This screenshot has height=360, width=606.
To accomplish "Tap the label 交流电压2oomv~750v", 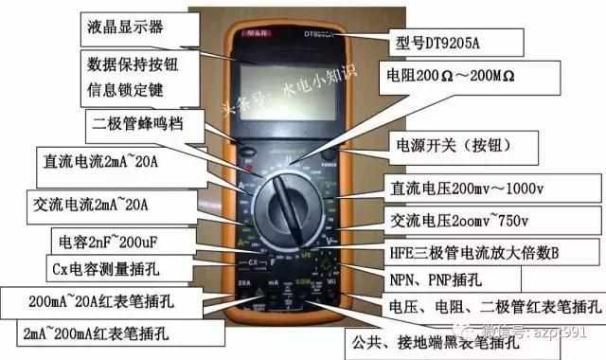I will point(464,223).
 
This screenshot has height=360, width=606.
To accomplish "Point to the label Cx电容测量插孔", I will point(106,269).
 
